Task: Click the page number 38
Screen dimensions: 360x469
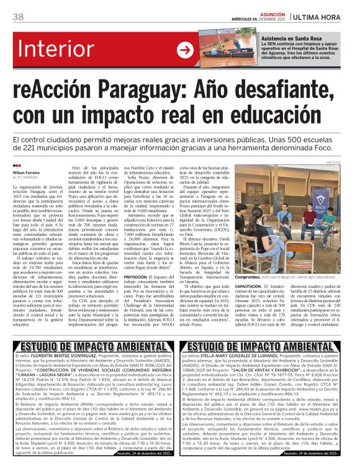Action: pyautogui.click(x=17, y=17)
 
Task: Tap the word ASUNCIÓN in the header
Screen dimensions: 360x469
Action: pyautogui.click(x=271, y=12)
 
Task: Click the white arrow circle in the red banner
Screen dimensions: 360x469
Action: pyautogui.click(x=185, y=50)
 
